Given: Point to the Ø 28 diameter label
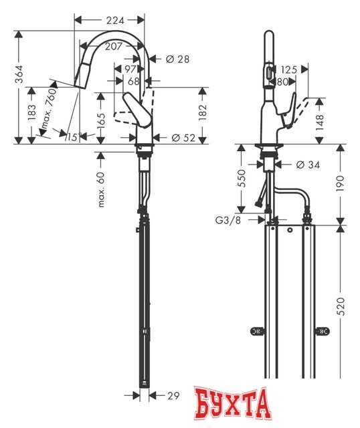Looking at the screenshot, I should (177, 60).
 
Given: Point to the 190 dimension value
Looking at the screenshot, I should (343, 183).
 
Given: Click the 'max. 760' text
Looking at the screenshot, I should (48, 107).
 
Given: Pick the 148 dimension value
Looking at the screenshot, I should (321, 120).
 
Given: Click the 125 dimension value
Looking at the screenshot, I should (289, 70).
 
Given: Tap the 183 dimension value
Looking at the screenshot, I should (31, 113).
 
